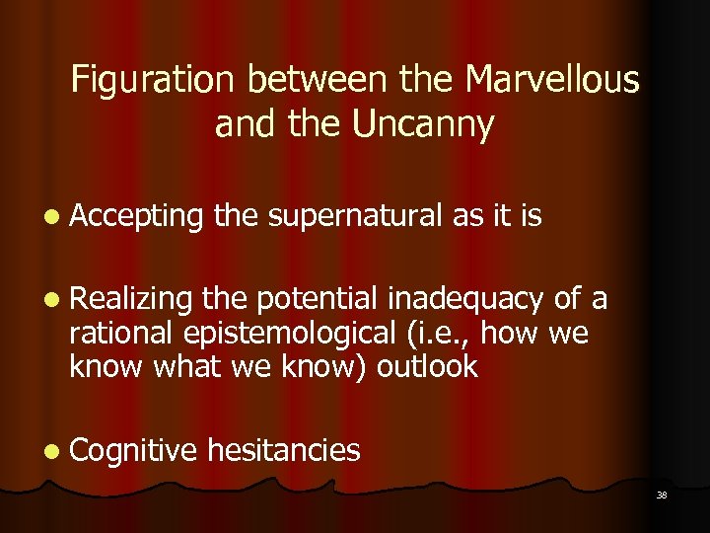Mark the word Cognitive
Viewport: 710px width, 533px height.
tap(134, 451)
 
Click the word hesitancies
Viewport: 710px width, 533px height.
tap(284, 451)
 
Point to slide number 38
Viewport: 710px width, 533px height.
tap(661, 495)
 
